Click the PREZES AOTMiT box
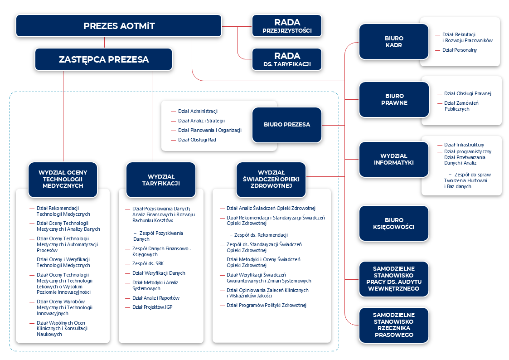(119, 26)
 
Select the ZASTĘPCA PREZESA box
(104, 59)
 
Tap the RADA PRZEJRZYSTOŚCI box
(287, 26)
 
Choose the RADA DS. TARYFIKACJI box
(287, 59)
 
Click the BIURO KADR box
(394, 42)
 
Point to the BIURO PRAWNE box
(394, 99)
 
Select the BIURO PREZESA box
(287, 124)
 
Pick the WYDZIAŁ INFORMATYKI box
(394, 159)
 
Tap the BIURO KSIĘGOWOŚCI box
(394, 223)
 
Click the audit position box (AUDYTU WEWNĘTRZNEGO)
(394, 278)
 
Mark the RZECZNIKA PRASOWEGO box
(394, 325)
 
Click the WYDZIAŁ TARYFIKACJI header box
(161, 180)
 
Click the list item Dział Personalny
(459, 50)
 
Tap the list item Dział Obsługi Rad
(197, 140)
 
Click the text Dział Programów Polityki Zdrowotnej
(267, 305)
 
